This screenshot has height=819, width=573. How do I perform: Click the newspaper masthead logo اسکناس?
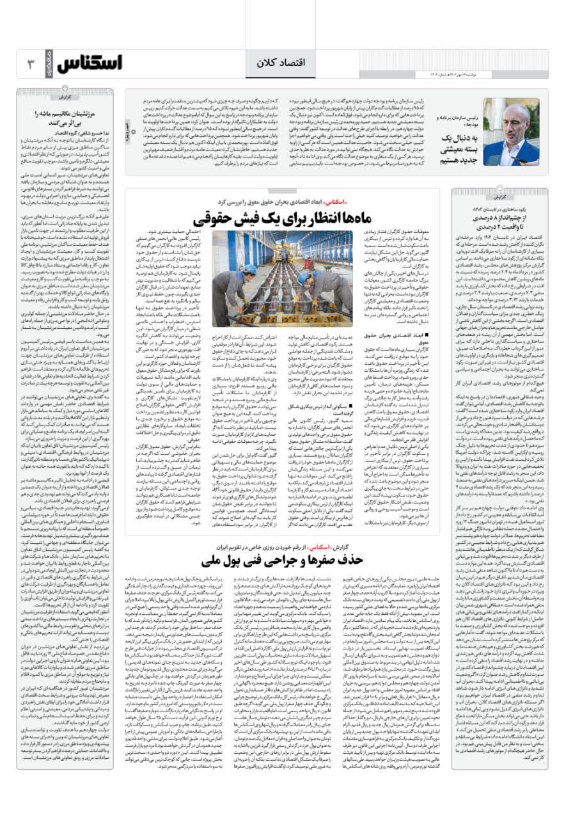point(89,63)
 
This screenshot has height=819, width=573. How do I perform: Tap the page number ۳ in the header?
point(29,63)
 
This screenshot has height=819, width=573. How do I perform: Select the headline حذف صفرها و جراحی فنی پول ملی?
point(282,561)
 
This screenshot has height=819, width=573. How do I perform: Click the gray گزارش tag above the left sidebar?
point(66,97)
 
